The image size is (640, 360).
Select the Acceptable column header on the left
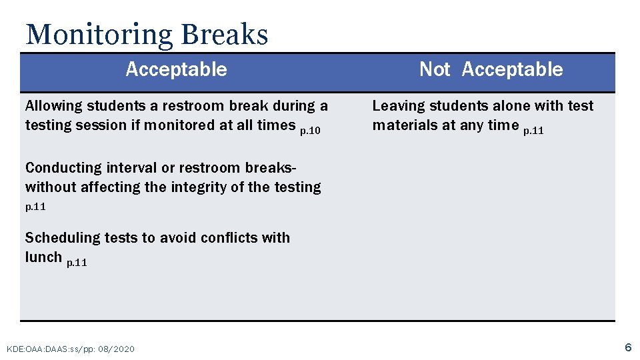tap(176, 69)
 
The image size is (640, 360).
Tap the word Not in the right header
tap(435, 69)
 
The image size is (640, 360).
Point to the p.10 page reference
tap(310, 131)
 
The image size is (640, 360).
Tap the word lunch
tap(43, 257)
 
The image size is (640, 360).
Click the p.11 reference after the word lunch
tap(77, 263)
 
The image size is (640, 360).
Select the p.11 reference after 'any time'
tap(533, 131)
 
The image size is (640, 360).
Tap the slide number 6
tap(627, 347)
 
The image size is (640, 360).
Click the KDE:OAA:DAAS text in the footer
tap(37, 349)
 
